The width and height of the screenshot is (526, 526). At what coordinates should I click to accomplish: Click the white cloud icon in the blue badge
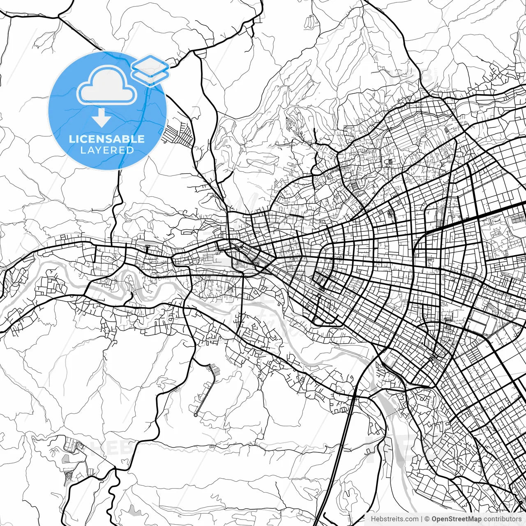click(107, 85)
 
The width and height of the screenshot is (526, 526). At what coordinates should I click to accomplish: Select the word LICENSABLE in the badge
click(107, 139)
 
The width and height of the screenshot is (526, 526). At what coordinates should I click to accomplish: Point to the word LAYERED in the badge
click(107, 150)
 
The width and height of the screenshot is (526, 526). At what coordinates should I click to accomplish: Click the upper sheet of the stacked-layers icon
click(150, 64)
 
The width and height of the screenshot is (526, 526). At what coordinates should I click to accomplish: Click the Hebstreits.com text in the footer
click(394, 519)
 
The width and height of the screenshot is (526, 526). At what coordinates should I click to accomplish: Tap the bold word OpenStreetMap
click(456, 519)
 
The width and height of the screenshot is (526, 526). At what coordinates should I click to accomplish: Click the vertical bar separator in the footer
click(422, 519)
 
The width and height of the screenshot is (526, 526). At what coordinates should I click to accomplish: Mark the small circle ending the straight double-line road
click(196, 415)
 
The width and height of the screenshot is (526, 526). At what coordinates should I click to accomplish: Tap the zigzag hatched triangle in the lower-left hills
click(69, 475)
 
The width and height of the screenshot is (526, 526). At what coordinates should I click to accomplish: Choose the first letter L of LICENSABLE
click(72, 139)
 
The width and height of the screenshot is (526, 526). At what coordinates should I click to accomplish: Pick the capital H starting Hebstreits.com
click(373, 519)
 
